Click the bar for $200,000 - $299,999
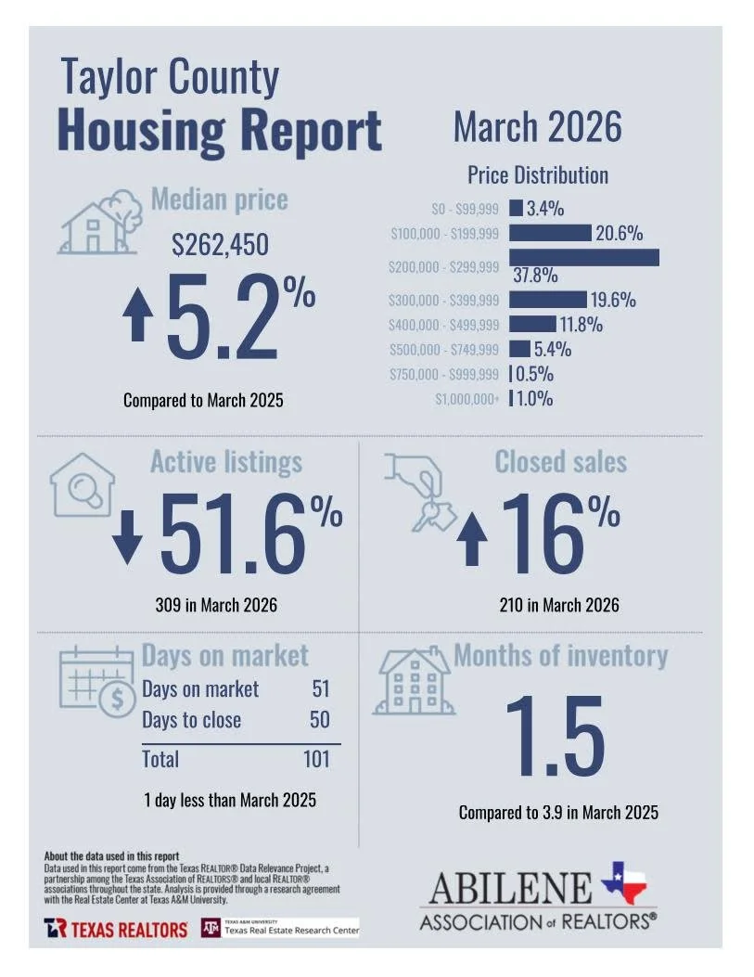tap(583, 257)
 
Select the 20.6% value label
tap(619, 234)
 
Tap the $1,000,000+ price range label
tap(466, 399)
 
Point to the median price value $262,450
tap(220, 245)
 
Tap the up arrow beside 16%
tap(472, 541)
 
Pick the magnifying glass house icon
tap(83, 484)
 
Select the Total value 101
tap(315, 759)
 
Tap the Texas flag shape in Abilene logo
tap(624, 882)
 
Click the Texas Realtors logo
tap(115, 929)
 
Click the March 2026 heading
tap(537, 127)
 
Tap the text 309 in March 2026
tap(215, 606)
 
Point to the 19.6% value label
tap(613, 300)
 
